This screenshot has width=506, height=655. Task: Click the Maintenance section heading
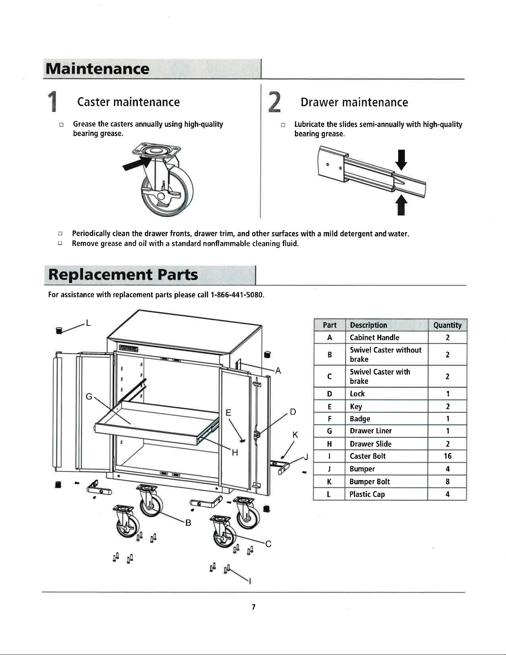[97, 69]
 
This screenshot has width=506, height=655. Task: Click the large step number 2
[274, 102]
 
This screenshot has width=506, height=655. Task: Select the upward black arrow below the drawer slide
[401, 205]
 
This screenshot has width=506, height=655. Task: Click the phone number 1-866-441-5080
[237, 295]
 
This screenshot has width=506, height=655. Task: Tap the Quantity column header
[447, 325]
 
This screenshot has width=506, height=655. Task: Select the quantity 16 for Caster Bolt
[448, 456]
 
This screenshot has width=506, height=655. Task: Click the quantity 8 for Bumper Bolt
[448, 482]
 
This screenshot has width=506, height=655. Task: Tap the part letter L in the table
[329, 494]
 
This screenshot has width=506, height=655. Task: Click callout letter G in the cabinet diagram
[89, 396]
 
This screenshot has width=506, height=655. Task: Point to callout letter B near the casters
[188, 523]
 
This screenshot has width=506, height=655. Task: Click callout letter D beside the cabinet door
[293, 412]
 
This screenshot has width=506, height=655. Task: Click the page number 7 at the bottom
[253, 607]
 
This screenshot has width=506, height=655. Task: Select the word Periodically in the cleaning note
[91, 234]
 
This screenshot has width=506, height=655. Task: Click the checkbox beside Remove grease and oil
[60, 243]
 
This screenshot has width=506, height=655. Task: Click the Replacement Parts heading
[123, 275]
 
